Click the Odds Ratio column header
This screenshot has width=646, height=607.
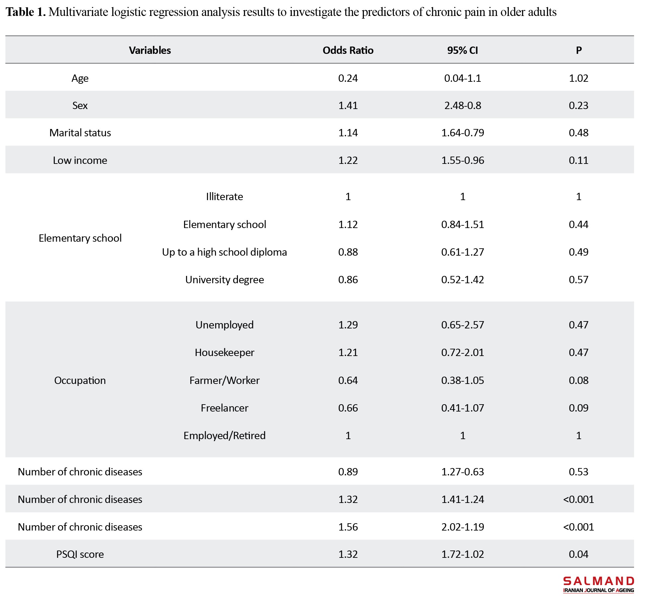348,50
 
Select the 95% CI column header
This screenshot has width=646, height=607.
463,50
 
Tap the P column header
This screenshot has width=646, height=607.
579,50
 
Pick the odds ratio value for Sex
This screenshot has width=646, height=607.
348,105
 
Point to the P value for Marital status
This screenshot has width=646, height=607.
579,133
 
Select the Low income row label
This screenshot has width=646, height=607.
80,160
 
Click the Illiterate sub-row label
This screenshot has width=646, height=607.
225,196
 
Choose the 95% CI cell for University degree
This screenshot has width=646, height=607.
463,280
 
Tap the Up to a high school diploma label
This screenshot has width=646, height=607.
225,252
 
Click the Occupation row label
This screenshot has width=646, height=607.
80,381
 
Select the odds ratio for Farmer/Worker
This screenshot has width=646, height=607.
348,380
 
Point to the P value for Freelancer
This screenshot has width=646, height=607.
579,408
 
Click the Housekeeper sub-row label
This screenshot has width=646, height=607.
225,353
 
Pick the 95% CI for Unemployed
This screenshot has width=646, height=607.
463,325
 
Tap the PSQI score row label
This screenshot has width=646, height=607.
80,554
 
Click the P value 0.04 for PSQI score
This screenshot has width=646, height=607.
579,554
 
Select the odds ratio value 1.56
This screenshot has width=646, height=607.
348,527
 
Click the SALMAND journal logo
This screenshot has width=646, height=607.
598,585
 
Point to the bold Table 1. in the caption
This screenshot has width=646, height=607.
26,12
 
